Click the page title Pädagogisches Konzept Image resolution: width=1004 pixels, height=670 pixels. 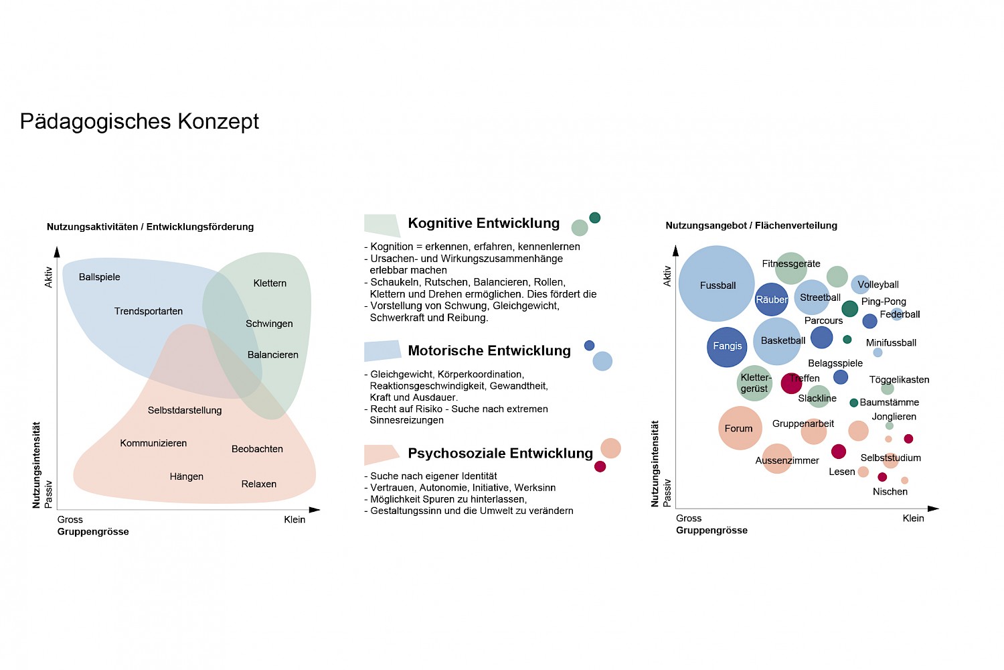139,121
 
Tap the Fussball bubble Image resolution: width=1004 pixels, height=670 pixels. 717,284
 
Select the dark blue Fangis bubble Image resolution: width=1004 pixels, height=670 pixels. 727,346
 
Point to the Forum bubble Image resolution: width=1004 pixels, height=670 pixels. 740,428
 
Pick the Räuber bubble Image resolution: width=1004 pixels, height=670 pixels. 771,299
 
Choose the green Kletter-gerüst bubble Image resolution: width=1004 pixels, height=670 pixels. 754,383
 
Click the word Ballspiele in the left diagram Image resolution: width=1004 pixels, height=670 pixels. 99,277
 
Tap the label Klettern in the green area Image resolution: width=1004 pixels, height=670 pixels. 270,283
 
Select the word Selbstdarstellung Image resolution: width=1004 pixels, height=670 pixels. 185,410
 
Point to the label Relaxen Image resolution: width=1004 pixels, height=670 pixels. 259,484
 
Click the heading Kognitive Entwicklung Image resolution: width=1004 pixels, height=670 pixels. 483,223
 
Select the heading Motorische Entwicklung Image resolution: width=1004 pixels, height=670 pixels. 489,350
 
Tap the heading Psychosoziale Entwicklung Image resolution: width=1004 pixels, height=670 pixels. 500,453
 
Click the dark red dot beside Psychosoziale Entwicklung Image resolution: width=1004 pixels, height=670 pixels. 600,466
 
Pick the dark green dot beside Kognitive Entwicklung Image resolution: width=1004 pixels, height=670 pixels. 594,218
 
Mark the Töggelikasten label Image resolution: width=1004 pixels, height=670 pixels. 899,380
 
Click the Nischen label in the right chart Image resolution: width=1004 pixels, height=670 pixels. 890,492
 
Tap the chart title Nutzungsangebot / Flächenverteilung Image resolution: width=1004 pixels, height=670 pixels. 751,226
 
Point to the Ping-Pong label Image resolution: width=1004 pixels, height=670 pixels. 884,301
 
